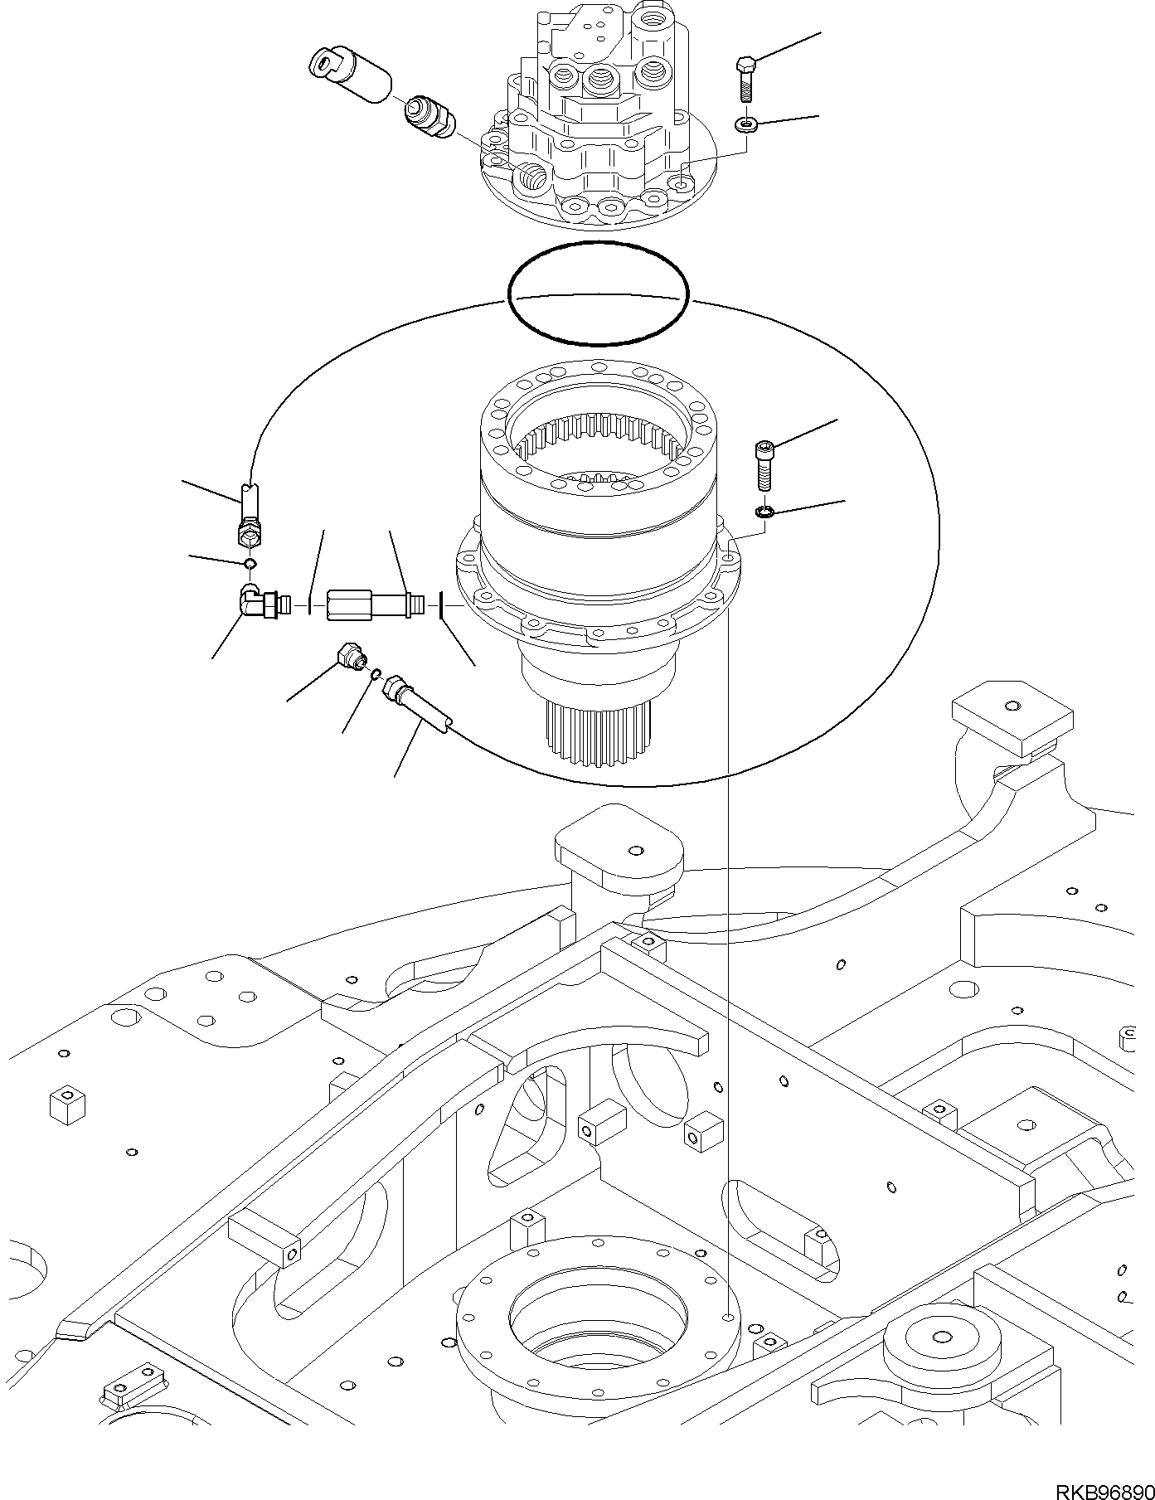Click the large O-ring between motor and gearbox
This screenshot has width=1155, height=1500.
click(x=598, y=293)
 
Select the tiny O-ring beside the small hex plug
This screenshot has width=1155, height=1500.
click(x=375, y=672)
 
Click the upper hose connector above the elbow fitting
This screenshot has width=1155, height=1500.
click(x=250, y=518)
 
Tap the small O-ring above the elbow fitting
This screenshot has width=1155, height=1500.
click(x=248, y=565)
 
